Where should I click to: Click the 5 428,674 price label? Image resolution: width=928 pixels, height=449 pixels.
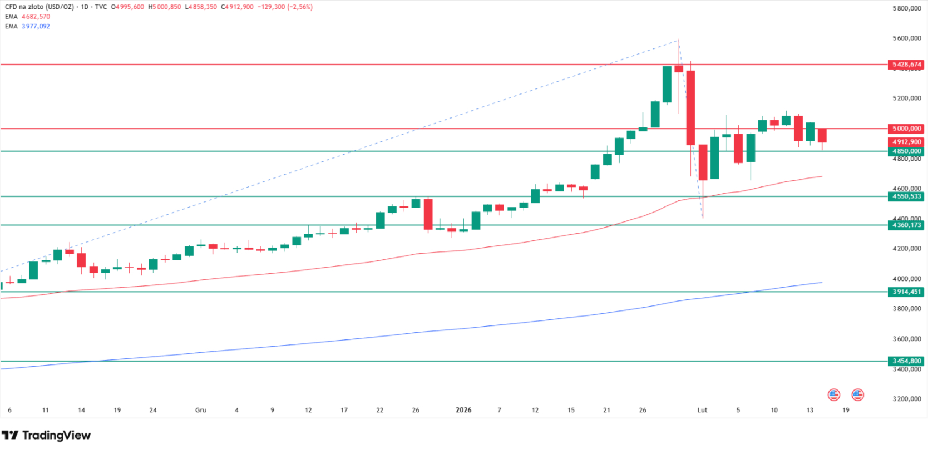click(x=906, y=65)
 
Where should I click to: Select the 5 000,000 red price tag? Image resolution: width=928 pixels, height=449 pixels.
click(x=906, y=129)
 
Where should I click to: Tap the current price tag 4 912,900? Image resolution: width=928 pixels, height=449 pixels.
click(x=906, y=142)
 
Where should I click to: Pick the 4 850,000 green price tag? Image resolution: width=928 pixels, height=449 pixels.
click(x=906, y=151)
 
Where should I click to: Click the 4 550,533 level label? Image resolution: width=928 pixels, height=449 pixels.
click(x=906, y=196)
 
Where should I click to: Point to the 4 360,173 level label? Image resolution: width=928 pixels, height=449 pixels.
click(x=906, y=225)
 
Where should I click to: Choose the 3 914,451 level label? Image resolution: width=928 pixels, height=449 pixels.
click(x=906, y=292)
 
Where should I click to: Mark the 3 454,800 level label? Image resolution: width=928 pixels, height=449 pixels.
click(x=906, y=361)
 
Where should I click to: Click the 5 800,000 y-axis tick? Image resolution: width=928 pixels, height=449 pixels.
click(x=906, y=8)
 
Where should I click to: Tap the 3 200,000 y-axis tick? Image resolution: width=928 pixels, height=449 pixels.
click(x=906, y=399)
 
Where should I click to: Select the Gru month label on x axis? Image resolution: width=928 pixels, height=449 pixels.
click(x=200, y=410)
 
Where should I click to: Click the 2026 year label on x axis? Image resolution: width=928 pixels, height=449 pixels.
click(x=463, y=410)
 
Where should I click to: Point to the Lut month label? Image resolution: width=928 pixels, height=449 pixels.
click(x=702, y=410)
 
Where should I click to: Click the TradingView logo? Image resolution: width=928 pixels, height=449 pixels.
click(x=46, y=435)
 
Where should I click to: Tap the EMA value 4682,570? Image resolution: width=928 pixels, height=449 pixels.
click(x=36, y=17)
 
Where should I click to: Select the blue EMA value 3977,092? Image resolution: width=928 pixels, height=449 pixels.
click(x=36, y=26)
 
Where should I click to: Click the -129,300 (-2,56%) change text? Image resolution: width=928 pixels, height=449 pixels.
click(x=285, y=7)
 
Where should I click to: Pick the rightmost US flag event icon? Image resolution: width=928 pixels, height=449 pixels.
click(x=857, y=395)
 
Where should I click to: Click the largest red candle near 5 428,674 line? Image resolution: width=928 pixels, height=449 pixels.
click(x=690, y=107)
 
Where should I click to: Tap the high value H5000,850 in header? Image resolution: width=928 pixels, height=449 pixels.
click(x=165, y=7)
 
